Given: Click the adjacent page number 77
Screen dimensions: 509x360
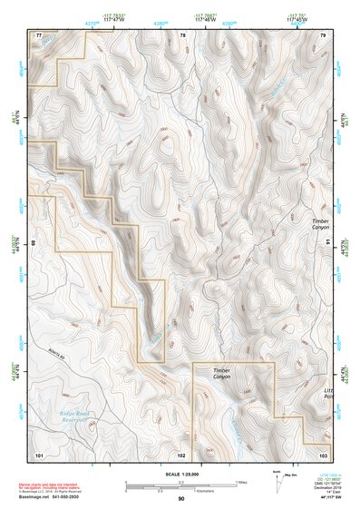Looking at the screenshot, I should point(39,35).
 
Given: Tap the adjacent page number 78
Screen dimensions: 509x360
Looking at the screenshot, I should point(182,35).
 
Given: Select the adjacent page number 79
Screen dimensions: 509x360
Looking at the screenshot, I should point(323,35).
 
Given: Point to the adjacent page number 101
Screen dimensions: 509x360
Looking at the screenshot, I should point(39,453).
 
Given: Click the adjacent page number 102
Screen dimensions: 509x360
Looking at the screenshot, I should point(182,453).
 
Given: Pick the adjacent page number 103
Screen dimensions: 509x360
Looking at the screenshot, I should point(323,453).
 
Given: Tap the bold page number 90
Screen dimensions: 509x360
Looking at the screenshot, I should point(181,498).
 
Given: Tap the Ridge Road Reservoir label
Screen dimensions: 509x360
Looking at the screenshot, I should point(66,416).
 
